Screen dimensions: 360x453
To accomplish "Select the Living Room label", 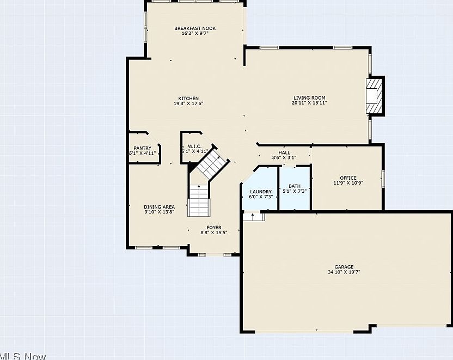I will (x=309, y=98).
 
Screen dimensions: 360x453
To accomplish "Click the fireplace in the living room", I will (x=374, y=96).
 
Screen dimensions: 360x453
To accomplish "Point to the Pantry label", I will (x=142, y=148).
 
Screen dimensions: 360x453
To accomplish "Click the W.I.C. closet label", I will (x=195, y=147).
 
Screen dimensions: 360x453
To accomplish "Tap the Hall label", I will (x=284, y=152).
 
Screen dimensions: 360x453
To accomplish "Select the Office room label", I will (x=348, y=178).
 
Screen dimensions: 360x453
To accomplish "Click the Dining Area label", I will (x=159, y=207).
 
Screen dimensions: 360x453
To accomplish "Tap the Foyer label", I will (x=213, y=228).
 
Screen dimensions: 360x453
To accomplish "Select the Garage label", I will (x=336, y=267).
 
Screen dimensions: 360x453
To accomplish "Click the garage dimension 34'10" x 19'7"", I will (x=336, y=272).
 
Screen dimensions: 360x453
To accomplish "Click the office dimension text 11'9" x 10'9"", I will (x=348, y=183).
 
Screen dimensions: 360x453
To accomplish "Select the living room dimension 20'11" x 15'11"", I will (x=309, y=103).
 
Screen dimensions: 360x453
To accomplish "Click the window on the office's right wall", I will (x=383, y=178).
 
